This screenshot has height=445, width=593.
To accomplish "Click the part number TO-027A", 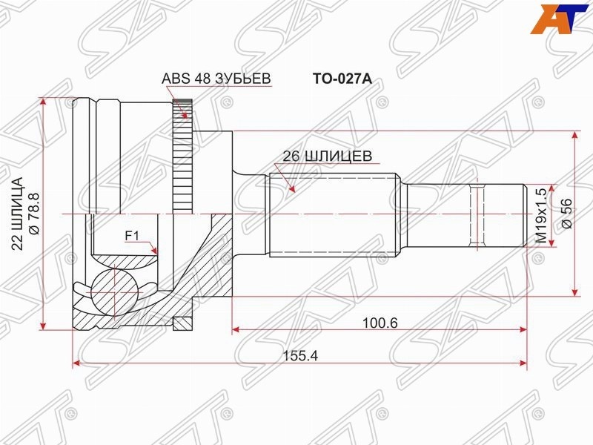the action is point(342,79).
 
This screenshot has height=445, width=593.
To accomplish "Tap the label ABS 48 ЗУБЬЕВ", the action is point(216,79).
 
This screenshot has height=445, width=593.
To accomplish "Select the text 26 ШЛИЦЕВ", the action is point(328,156).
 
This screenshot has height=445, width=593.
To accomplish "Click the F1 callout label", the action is point(133,236).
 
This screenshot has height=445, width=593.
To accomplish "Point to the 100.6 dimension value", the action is point(380,323).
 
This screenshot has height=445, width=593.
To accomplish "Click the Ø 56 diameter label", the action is point(568,213).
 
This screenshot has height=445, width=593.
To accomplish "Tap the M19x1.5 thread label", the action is point(541,216).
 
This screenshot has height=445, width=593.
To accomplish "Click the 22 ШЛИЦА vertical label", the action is point(17,214).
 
